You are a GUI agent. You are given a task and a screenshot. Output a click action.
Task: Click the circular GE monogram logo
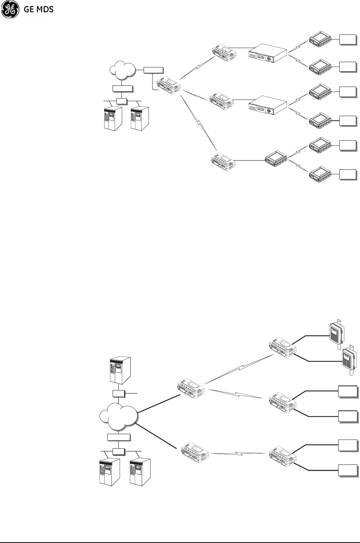pyautogui.click(x=9, y=10)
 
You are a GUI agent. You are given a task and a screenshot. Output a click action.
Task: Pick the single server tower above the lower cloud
pyautogui.click(x=119, y=371)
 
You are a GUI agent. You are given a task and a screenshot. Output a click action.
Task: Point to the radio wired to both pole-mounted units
pyautogui.click(x=282, y=347)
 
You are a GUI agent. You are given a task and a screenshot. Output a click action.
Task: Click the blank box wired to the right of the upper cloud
pyautogui.click(x=153, y=70)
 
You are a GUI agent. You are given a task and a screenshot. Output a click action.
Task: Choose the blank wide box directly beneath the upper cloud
pyautogui.click(x=123, y=89)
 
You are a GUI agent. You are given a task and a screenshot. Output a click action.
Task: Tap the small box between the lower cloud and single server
pyautogui.click(x=119, y=394)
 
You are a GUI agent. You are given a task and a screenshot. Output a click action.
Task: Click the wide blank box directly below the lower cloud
pyautogui.click(x=119, y=437)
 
